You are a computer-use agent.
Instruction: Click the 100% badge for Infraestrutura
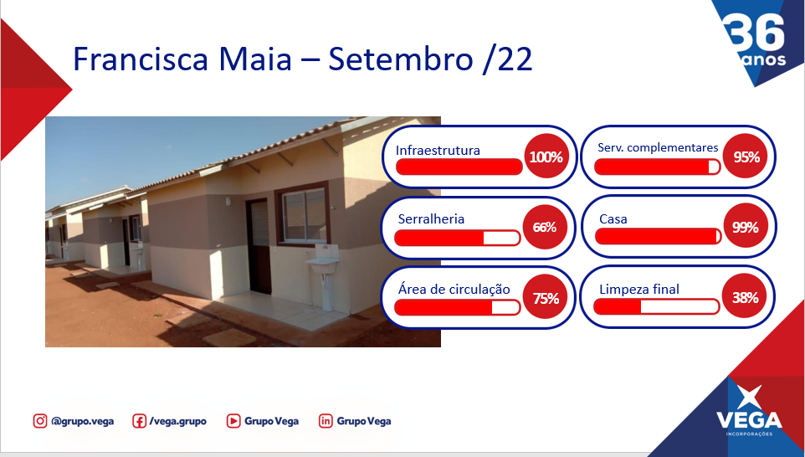(546, 156)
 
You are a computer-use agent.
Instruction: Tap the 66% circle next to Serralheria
(545, 227)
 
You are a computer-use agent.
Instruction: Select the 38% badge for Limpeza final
(745, 297)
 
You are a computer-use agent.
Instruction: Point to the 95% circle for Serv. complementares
(746, 156)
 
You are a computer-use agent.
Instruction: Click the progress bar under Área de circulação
(458, 307)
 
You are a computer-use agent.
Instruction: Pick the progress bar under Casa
(659, 236)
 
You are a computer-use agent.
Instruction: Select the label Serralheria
(431, 218)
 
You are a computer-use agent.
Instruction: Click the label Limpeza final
(639, 289)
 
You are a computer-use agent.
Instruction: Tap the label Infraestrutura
(438, 150)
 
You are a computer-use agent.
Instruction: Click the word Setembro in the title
(401, 59)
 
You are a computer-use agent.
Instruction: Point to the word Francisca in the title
(141, 59)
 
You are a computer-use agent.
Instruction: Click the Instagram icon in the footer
(40, 421)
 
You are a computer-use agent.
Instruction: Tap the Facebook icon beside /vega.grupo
(139, 421)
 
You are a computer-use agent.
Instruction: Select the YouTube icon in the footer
(233, 421)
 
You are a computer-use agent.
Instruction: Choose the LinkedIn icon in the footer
(326, 421)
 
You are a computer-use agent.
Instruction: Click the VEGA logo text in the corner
(750, 420)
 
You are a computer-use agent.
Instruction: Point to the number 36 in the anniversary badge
(755, 32)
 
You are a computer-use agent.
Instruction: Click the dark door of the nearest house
(259, 246)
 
